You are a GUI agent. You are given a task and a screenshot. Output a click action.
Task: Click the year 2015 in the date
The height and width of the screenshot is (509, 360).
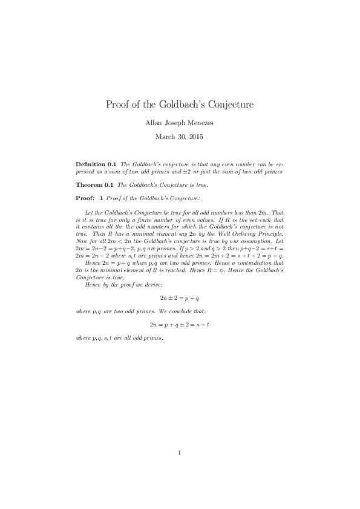point(195,137)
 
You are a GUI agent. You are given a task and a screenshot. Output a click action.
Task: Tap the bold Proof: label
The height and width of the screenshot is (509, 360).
point(85,198)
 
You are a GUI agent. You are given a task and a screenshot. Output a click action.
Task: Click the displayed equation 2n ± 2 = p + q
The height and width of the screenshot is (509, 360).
point(180,299)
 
